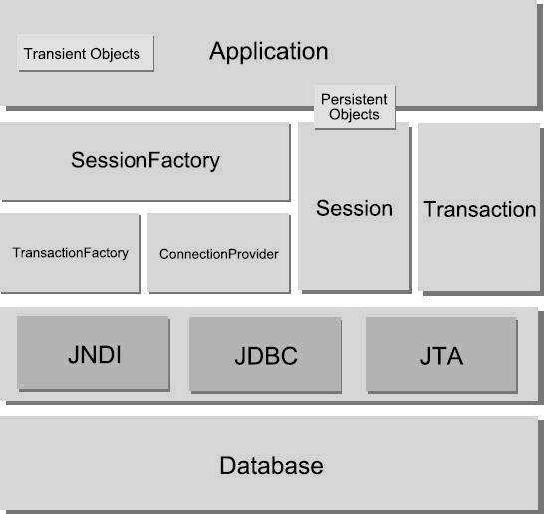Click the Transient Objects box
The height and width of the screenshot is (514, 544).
(86, 53)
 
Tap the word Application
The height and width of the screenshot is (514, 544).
(269, 52)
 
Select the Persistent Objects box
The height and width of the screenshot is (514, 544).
(355, 107)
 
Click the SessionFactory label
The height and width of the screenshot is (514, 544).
(145, 160)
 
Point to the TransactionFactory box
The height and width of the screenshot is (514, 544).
(71, 253)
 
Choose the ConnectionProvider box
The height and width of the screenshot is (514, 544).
(219, 253)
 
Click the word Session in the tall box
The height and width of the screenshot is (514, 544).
(354, 209)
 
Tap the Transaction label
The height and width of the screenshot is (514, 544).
(480, 209)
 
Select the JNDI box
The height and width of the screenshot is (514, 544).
(94, 354)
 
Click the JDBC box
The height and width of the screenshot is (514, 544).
(265, 355)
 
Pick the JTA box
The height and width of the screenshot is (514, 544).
(441, 355)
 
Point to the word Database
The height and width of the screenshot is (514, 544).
(271, 465)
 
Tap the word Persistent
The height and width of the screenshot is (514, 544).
(354, 99)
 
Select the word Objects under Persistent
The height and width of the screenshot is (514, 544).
(354, 115)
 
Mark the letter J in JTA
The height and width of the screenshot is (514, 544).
(425, 356)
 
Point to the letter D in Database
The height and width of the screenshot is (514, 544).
(228, 465)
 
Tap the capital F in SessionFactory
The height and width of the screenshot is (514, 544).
(154, 160)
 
